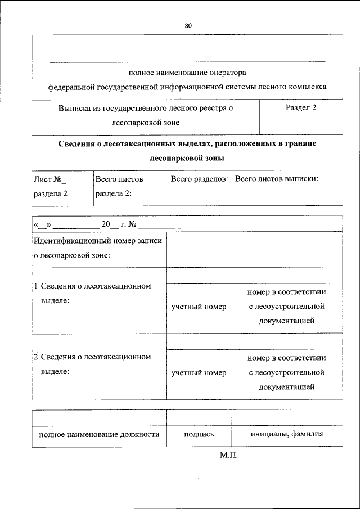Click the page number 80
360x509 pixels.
click(x=188, y=25)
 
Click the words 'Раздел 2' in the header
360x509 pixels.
click(x=301, y=107)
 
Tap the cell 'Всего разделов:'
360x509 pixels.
click(x=199, y=179)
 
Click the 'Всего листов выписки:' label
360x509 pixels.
click(x=276, y=179)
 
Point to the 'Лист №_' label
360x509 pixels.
click(x=50, y=179)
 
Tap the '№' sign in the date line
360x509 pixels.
click(x=133, y=224)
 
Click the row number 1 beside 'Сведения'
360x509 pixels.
click(x=36, y=286)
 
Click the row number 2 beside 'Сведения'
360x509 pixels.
click(x=36, y=357)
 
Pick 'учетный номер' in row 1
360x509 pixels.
click(x=199, y=307)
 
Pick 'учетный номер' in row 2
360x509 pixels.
click(x=199, y=372)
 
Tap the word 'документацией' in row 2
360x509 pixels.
click(x=286, y=387)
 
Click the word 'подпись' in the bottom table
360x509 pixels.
click(x=199, y=435)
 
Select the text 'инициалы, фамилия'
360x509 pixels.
click(x=286, y=435)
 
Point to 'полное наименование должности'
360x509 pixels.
click(x=99, y=435)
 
